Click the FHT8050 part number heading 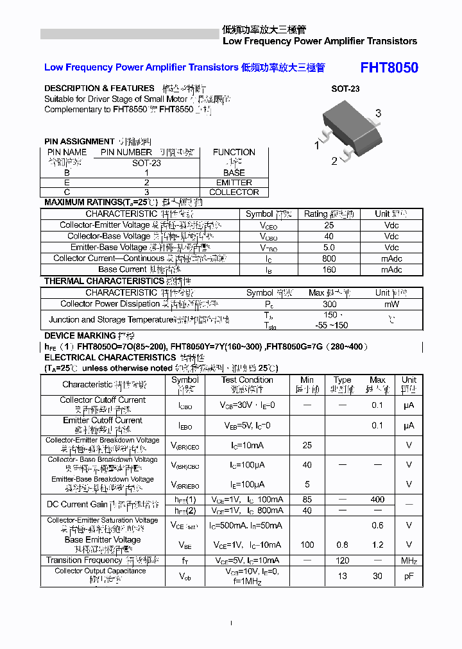[389, 68]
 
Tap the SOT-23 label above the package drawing [345, 89]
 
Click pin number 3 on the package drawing [379, 114]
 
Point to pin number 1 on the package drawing [316, 146]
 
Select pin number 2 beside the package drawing [334, 161]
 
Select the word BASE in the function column [234, 173]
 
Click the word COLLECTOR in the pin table [234, 192]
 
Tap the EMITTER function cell [234, 182]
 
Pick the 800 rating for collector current [329, 258]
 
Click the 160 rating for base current [329, 269]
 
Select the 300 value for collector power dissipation [329, 305]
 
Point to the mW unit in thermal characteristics [391, 305]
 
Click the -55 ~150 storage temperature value [330, 325]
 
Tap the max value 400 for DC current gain [377, 500]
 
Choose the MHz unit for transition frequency [409, 560]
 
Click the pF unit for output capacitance [409, 576]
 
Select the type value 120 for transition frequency [343, 560]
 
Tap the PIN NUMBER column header [126, 152]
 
